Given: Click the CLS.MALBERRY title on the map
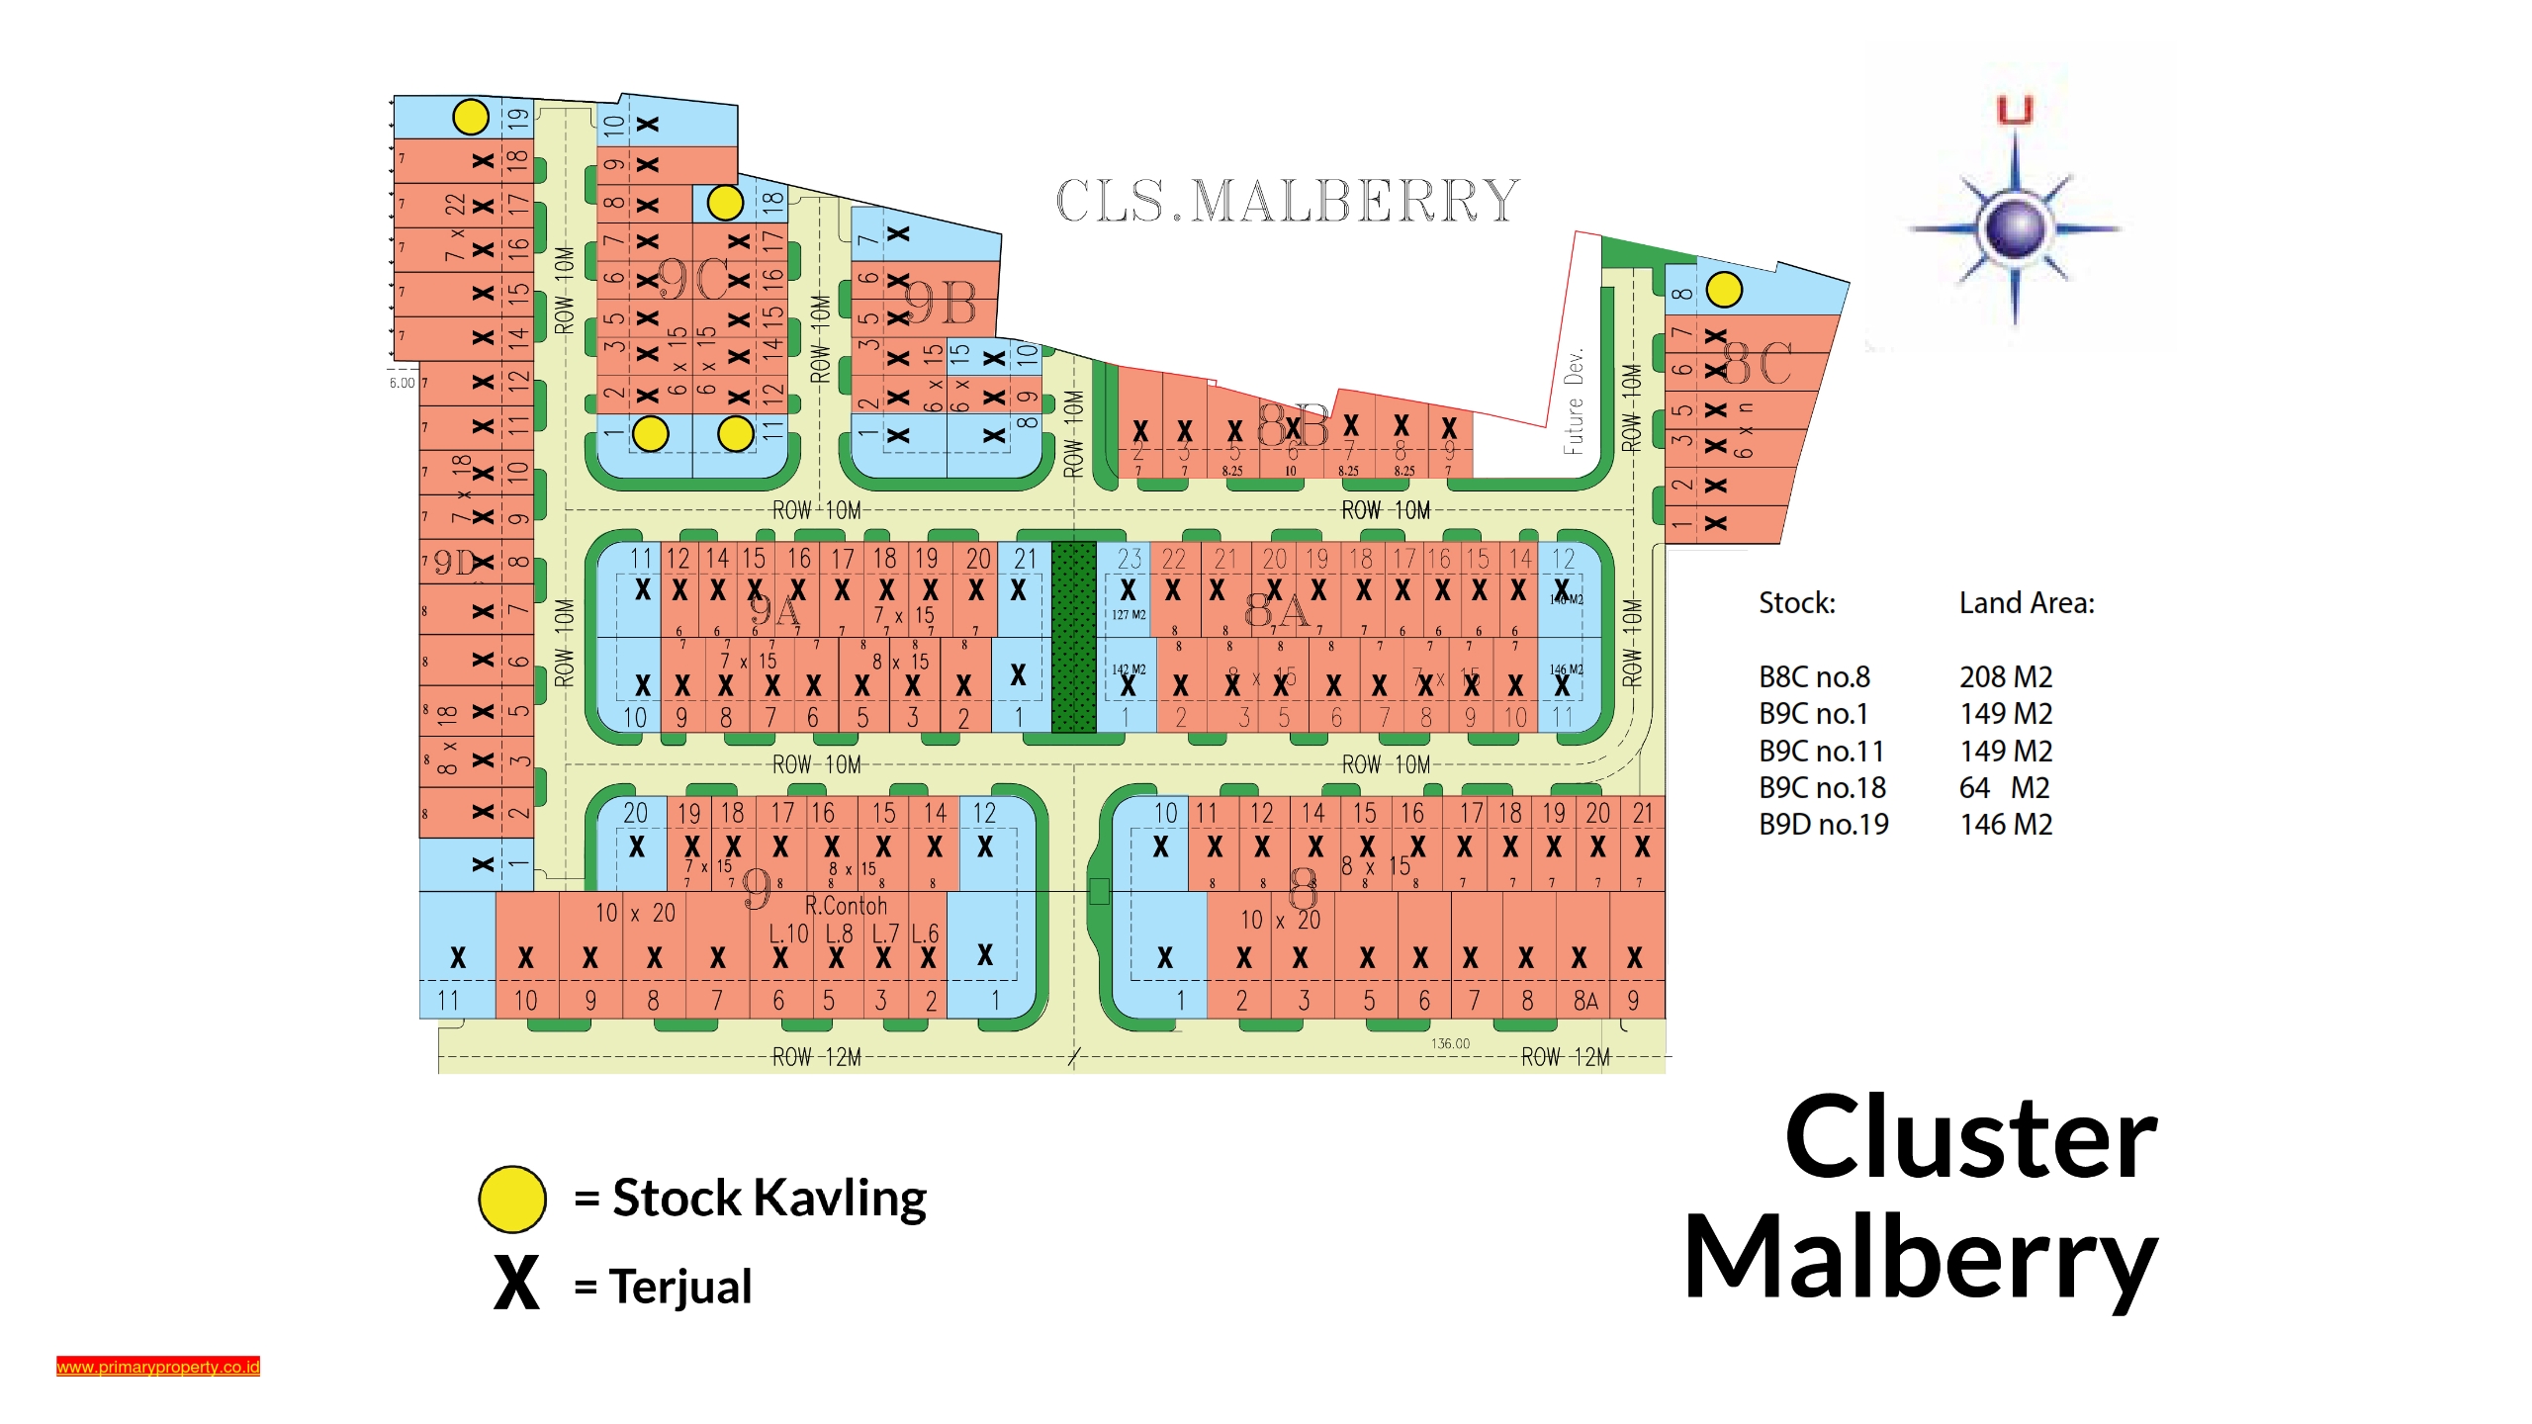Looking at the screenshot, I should coord(1287,201).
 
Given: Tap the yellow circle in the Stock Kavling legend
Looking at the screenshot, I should coord(511,1199).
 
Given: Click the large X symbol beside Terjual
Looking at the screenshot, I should coord(516,1284).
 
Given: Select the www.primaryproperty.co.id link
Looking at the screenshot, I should coord(158,1367).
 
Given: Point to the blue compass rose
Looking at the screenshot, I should coord(2015,229).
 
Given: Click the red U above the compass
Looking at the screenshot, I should coord(2015,110).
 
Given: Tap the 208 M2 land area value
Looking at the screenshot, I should coord(2006,677).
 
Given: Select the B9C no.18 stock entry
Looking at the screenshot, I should coord(1822,788).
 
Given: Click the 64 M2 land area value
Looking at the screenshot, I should coord(2004,788).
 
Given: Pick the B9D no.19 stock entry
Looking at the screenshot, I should coord(1823,825).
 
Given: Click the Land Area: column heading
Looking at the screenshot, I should coord(2027,603).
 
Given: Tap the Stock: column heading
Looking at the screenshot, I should coord(1796,603).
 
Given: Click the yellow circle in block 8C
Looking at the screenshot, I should coord(1724,290).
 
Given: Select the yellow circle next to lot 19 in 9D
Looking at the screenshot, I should coord(471,117).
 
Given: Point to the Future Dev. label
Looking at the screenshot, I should coord(1573,400).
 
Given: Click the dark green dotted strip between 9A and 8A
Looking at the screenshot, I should coord(1073,637).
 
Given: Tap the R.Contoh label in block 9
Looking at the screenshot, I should coord(846,906).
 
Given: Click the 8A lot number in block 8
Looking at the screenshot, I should coord(1585,1002).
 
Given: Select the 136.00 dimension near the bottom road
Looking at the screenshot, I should coord(1450,1043).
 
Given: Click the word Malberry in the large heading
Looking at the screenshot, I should coord(1920,1258).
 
